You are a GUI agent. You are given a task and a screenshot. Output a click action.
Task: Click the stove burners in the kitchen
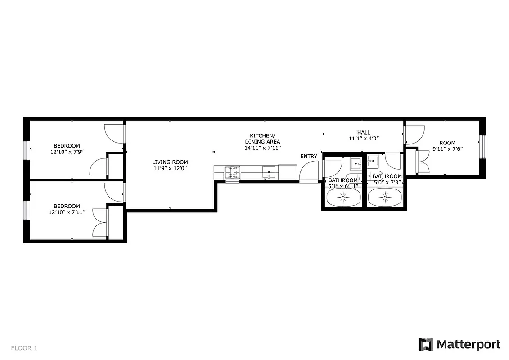(233, 171)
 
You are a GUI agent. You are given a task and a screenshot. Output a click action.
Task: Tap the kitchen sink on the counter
(269, 171)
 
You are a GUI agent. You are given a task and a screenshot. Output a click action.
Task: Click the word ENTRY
(309, 156)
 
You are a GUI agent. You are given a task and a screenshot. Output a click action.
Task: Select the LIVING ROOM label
(170, 162)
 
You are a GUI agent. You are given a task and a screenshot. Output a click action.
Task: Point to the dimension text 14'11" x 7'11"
(262, 148)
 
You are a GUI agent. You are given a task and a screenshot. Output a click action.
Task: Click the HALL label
(364, 132)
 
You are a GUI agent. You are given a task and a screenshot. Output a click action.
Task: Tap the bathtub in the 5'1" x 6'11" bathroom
(343, 197)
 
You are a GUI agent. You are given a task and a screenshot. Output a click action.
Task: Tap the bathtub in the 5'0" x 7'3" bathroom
(385, 197)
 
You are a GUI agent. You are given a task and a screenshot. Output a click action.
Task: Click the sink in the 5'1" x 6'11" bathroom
(356, 163)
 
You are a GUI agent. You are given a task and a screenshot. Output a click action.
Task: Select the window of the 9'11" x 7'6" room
(482, 146)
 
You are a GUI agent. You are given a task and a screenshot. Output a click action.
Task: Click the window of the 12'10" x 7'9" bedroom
(27, 150)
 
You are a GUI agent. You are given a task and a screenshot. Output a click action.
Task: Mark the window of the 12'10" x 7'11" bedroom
(27, 210)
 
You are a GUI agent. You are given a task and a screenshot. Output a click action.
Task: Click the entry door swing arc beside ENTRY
(308, 171)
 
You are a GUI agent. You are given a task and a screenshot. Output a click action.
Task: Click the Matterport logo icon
(426, 344)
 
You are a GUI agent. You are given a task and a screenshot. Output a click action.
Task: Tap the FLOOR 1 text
(24, 348)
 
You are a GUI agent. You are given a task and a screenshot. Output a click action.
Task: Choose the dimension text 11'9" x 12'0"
(170, 168)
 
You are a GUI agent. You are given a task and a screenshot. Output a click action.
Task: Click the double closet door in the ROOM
(423, 162)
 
